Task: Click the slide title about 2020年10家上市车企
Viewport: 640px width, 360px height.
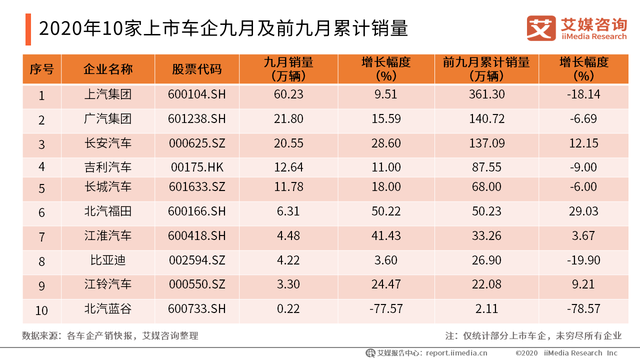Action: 223,29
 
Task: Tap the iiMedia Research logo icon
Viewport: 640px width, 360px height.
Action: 540,28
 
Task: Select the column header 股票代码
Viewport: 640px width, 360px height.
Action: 196,69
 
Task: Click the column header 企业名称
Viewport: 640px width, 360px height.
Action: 107,69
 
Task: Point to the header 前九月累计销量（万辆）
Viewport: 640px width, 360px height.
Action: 486,69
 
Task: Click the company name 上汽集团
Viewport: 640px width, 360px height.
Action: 107,94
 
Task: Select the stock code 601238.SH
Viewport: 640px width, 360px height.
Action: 196,119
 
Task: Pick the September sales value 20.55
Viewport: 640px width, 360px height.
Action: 288,143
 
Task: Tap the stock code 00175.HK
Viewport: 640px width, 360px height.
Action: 196,167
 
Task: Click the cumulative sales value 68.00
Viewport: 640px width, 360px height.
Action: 486,187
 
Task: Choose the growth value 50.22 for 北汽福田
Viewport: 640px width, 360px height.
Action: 385,211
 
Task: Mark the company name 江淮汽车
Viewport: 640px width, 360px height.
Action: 107,235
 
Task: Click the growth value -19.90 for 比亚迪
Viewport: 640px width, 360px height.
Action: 583,260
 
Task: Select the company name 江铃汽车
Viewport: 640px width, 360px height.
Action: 107,284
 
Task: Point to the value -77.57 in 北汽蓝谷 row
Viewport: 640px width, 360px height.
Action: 385,309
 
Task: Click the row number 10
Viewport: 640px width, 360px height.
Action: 41,310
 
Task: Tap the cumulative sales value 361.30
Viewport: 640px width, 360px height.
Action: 486,94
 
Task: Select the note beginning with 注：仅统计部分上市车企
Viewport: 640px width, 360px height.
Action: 533,335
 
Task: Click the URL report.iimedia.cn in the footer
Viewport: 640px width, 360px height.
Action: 456,353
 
